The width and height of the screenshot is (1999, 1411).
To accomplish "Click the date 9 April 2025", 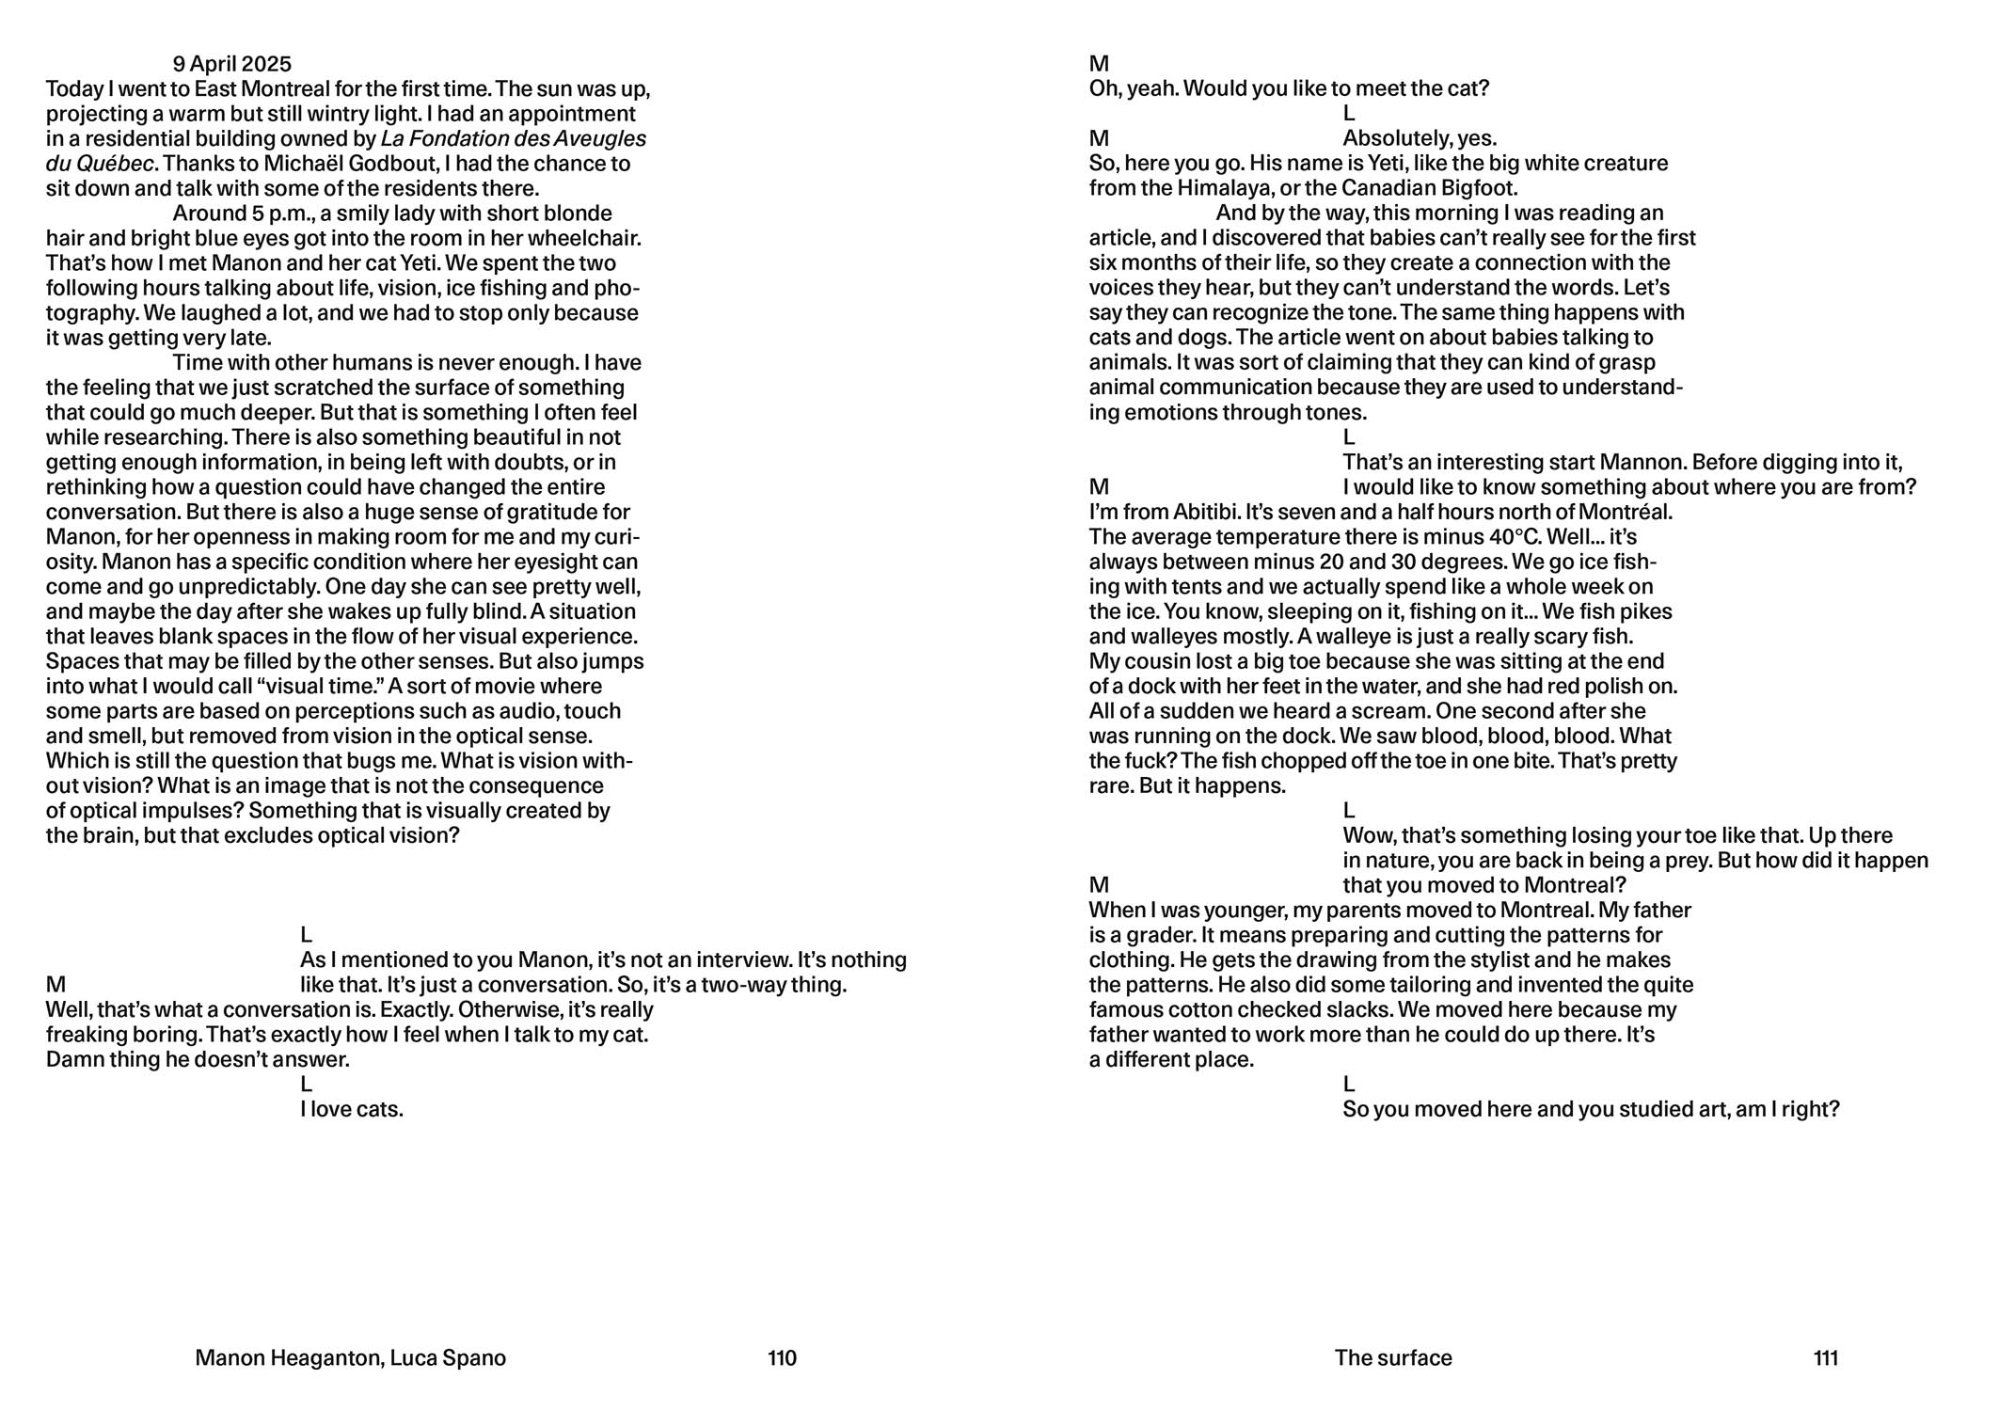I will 231,64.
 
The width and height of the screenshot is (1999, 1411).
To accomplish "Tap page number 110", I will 782,1357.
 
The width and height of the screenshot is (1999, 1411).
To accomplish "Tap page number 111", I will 1825,1357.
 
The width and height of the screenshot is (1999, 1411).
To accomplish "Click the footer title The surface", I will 1392,1357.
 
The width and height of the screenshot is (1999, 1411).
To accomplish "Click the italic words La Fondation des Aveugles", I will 513,139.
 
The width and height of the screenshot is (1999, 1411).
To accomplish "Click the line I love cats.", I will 352,1109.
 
